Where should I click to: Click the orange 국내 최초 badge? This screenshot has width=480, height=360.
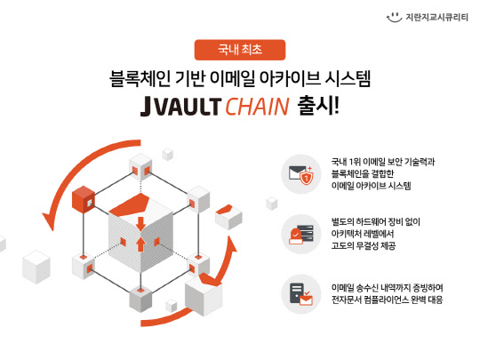(240, 50)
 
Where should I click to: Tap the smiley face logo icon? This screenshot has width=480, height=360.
(394, 17)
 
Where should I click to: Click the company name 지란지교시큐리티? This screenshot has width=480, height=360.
(436, 18)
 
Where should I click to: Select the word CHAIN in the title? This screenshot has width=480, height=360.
(257, 107)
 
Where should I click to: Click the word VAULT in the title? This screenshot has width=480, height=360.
(189, 107)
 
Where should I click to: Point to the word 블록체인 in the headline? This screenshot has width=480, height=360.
(140, 79)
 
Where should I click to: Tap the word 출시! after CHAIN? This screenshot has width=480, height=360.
(319, 106)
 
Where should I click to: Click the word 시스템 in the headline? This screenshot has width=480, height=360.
(348, 79)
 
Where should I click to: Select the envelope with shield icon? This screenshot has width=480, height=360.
(301, 174)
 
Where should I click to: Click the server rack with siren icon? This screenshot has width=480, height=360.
(301, 234)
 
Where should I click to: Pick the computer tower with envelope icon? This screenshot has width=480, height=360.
(301, 294)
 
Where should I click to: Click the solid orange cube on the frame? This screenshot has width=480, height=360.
(84, 199)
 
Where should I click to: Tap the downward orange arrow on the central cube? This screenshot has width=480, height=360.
(140, 224)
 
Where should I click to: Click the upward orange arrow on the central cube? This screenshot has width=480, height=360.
(140, 244)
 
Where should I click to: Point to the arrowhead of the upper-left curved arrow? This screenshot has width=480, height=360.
(49, 220)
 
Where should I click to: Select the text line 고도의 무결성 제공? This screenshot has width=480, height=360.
(364, 245)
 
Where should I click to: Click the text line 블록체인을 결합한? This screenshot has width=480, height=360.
(363, 173)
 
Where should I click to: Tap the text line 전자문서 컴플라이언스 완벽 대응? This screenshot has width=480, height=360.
(388, 300)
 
